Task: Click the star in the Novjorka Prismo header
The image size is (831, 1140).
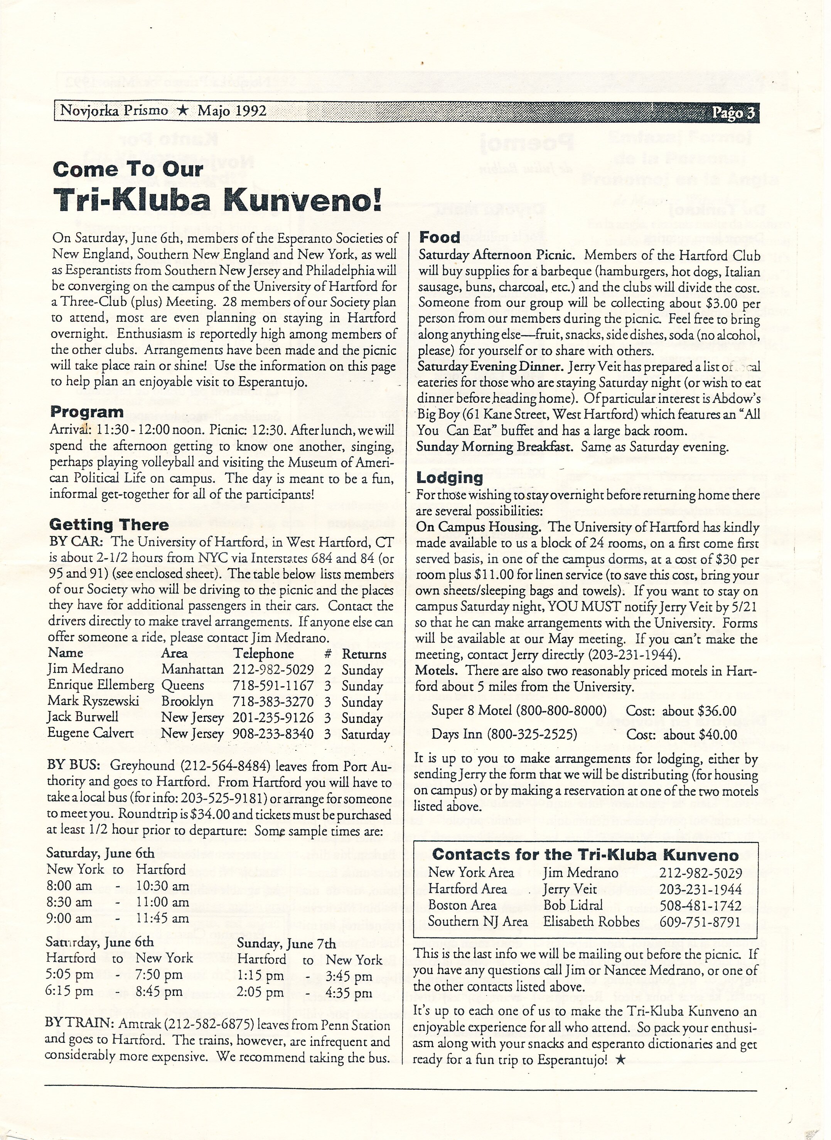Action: point(183,111)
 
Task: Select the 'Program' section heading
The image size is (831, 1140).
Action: point(87,412)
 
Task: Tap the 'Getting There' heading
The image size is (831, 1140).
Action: point(109,525)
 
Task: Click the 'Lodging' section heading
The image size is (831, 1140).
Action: point(449,478)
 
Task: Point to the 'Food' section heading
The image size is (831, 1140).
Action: point(440,238)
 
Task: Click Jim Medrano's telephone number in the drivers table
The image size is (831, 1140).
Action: point(273,670)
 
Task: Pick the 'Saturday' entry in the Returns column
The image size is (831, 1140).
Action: point(365,734)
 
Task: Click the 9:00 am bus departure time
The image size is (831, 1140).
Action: point(69,918)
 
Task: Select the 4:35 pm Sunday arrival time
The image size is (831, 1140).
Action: point(348,993)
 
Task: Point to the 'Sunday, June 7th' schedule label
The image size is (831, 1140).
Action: point(286,943)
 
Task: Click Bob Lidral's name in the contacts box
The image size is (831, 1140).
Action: point(573,905)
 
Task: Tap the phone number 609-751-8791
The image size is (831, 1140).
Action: point(700,922)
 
